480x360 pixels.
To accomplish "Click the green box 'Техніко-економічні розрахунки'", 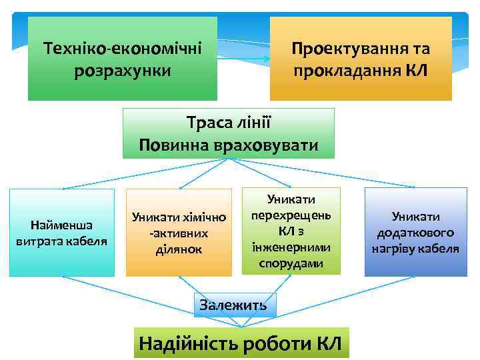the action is point(122,59).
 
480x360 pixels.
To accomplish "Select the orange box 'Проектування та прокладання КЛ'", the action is point(361,59).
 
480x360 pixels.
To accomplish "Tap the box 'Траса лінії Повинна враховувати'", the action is point(229,133).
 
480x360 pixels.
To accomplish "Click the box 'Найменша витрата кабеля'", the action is point(62,232).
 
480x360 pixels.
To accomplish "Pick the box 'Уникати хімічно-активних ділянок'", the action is point(179,232).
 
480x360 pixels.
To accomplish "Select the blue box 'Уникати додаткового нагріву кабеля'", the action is point(415,232).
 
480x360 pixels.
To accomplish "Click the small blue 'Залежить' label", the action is point(233,305).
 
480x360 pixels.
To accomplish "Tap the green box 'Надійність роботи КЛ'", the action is point(240,343).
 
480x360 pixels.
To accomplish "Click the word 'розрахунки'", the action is point(123,69).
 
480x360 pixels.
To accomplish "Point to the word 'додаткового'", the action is point(415,233).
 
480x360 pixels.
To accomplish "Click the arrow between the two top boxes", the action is point(243,59).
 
